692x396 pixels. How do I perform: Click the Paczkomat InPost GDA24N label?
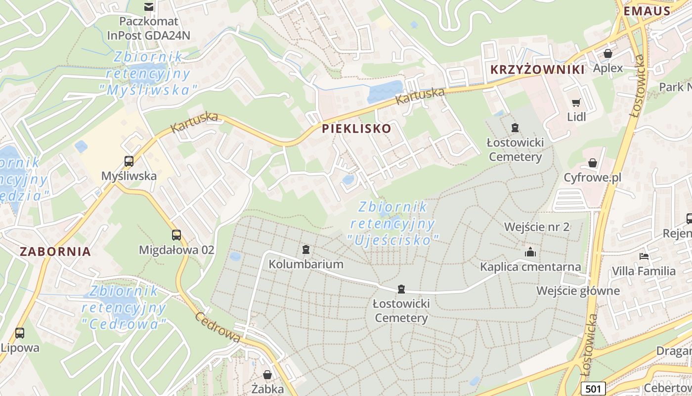click(x=148, y=29)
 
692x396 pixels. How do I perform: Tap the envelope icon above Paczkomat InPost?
click(x=148, y=6)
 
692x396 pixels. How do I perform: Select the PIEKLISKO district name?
click(x=356, y=129)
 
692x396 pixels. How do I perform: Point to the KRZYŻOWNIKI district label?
click(x=538, y=69)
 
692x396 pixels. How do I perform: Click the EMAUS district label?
click(x=647, y=11)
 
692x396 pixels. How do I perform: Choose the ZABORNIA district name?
click(x=55, y=251)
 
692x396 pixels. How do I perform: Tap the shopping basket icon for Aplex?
click(x=608, y=53)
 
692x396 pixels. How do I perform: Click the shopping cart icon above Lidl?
click(x=576, y=102)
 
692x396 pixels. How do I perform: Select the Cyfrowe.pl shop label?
click(x=592, y=177)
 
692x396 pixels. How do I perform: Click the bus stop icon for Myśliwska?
click(x=129, y=161)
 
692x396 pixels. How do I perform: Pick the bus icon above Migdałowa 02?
click(x=176, y=235)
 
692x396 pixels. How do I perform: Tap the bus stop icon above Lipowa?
click(x=20, y=333)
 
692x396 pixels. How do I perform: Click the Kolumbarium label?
click(x=306, y=264)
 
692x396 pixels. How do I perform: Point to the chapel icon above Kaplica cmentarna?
click(x=530, y=252)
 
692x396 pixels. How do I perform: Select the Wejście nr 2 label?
click(x=537, y=227)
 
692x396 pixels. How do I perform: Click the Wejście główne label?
click(x=578, y=290)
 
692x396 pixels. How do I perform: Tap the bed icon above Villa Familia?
click(x=644, y=256)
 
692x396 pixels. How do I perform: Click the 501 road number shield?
click(x=592, y=389)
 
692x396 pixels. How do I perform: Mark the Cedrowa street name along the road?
click(x=218, y=327)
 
